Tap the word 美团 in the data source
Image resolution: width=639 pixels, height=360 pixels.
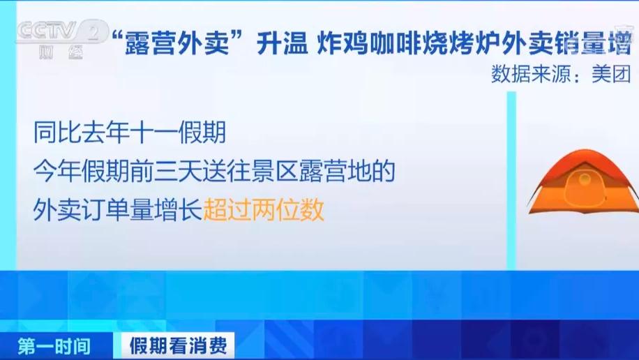tap(611, 75)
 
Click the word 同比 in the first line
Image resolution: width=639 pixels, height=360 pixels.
tap(53, 131)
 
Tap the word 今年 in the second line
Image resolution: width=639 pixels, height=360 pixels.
tap(53, 170)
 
